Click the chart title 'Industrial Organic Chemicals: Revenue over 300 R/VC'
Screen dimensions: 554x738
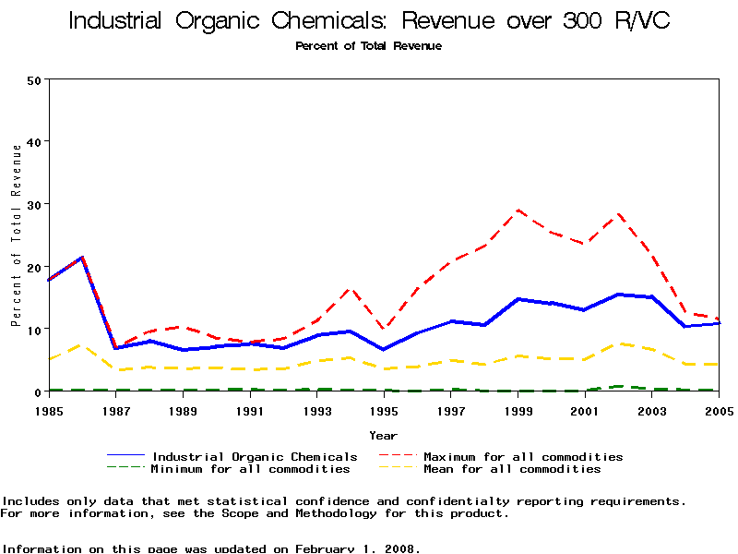click(x=369, y=21)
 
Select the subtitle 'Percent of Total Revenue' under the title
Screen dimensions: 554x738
click(x=369, y=45)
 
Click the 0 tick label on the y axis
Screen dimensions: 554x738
click(x=38, y=391)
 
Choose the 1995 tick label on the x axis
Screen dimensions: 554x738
click(x=384, y=409)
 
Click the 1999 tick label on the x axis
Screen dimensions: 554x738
click(x=518, y=409)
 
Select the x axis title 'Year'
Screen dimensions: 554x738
click(x=384, y=435)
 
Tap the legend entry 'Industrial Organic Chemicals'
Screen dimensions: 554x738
click(x=255, y=456)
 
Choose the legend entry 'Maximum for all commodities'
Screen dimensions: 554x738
click(x=523, y=456)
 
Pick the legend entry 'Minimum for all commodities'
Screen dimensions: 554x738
click(x=250, y=469)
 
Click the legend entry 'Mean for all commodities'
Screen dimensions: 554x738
click(x=512, y=469)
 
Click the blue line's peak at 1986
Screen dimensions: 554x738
click(x=82, y=258)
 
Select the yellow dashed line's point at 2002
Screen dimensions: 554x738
click(x=618, y=343)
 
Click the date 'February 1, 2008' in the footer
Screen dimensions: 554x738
click(x=357, y=548)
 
